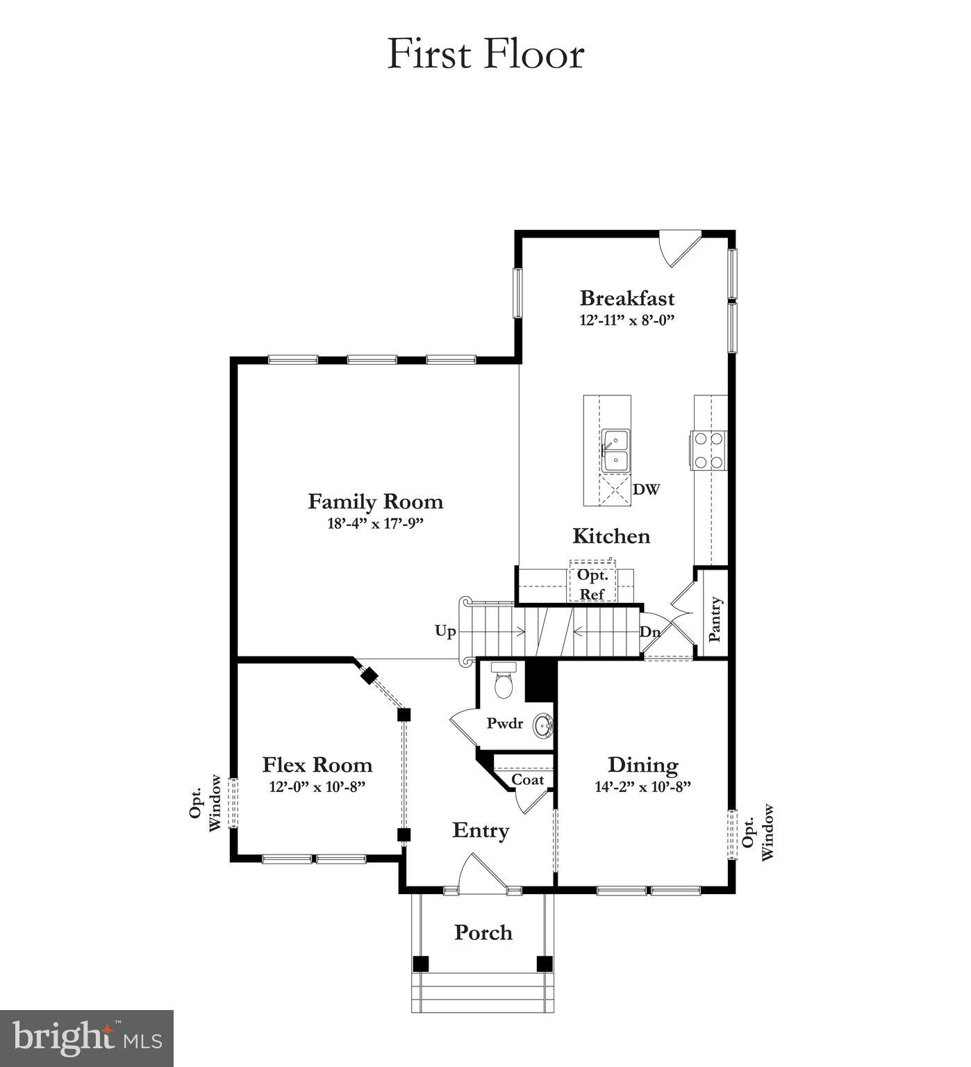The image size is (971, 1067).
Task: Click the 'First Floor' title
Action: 485,54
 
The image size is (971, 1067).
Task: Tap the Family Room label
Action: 375,501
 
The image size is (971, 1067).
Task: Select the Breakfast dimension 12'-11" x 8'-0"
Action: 627,320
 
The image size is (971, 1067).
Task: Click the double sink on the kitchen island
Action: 615,451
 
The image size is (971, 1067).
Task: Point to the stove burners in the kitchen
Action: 708,450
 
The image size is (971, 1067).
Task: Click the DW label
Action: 646,489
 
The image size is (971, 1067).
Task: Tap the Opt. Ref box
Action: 592,584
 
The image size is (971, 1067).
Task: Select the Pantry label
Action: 714,618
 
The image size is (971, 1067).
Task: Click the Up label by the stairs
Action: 445,631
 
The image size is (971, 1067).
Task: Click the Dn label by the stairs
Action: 649,632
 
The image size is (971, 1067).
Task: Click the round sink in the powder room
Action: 543,727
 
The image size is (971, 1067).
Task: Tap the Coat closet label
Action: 527,779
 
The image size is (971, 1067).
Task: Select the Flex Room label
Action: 317,765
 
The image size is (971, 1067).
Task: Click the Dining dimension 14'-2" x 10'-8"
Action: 642,787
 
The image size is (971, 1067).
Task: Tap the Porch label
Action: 483,932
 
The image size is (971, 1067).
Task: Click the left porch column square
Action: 420,963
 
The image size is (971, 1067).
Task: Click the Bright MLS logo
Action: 87,1038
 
